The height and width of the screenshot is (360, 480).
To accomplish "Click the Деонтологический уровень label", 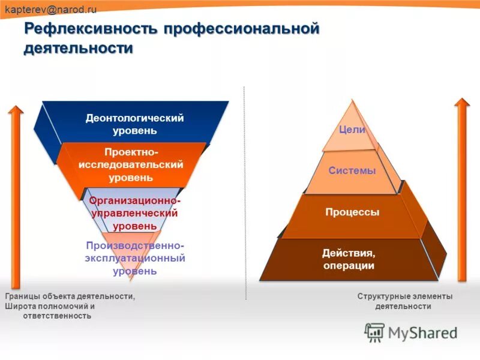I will click(x=134, y=124).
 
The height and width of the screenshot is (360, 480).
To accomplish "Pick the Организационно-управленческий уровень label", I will click(x=134, y=212).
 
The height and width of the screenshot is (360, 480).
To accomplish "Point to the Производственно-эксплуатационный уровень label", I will click(x=135, y=258).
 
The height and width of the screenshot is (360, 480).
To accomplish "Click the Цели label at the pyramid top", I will click(x=352, y=129).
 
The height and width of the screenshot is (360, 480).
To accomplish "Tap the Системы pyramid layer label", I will click(x=352, y=170).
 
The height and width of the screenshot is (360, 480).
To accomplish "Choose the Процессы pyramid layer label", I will click(x=352, y=212).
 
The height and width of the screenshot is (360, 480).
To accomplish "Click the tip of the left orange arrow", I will click(x=16, y=107).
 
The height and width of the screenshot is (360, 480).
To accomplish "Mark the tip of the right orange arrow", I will click(x=462, y=100).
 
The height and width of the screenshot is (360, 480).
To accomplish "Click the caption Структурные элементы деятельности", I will click(x=404, y=301).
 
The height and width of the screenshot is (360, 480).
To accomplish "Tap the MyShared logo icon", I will click(x=374, y=332).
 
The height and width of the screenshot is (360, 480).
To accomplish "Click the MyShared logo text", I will click(x=422, y=332).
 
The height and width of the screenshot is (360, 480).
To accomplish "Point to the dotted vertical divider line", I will click(x=245, y=192).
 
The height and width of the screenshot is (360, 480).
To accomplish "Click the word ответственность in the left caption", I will click(x=57, y=316).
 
